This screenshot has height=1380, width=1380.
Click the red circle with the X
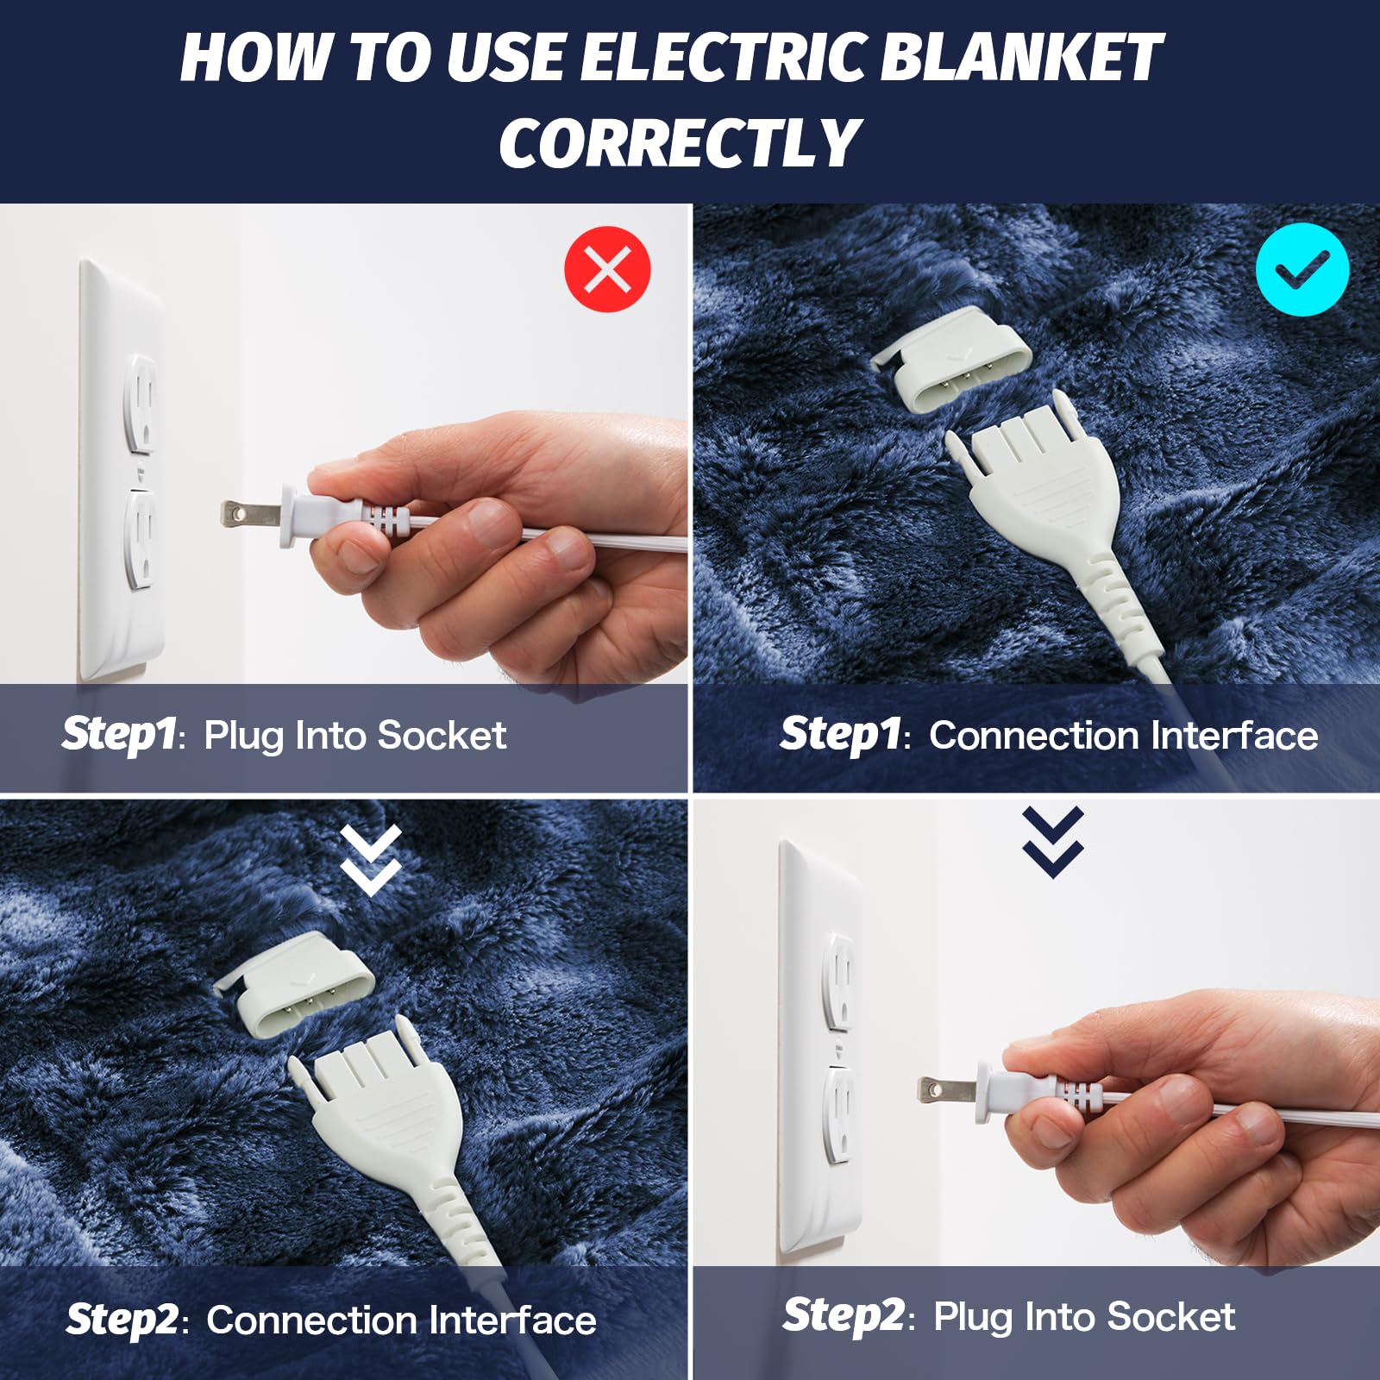(x=607, y=269)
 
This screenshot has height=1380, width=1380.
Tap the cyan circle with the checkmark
(x=1302, y=269)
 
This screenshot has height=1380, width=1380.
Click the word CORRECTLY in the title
(x=680, y=143)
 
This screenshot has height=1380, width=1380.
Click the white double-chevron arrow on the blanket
(x=371, y=860)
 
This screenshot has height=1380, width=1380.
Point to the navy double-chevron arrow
(x=1053, y=842)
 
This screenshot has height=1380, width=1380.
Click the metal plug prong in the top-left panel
(x=250, y=515)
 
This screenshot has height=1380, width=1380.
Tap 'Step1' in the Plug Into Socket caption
(x=119, y=735)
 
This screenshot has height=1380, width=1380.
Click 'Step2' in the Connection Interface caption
(x=122, y=1320)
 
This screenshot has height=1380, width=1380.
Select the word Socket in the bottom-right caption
(x=1170, y=1317)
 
